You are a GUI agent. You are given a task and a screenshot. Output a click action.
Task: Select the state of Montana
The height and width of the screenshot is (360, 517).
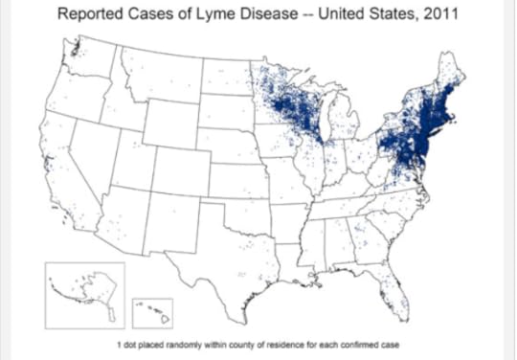click(163, 76)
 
